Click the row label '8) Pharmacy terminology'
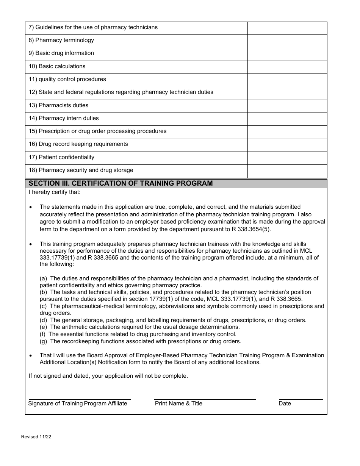pyautogui.click(x=61, y=40)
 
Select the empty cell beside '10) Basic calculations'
pyautogui.click(x=287, y=67)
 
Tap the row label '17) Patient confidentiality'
pyautogui.click(x=61, y=157)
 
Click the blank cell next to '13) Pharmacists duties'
pyautogui.click(x=287, y=106)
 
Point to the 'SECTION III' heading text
pyautogui.click(x=121, y=183)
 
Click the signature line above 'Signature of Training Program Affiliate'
pyautogui.click(x=80, y=399)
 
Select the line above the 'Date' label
pyautogui.click(x=301, y=399)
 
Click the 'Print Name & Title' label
pyautogui.click(x=178, y=403)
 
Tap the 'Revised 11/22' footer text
pyautogui.click(x=36, y=437)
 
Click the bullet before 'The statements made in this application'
pyautogui.click(x=31, y=207)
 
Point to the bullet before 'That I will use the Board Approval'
pyautogui.click(x=31, y=356)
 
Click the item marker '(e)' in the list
pyautogui.click(x=44, y=327)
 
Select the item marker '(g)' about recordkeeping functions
pyautogui.click(x=44, y=341)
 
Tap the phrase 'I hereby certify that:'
pyautogui.click(x=55, y=192)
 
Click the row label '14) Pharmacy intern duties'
pyautogui.click(x=64, y=118)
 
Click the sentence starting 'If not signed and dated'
pyautogui.click(x=108, y=376)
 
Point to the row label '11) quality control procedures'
pyautogui.click(x=67, y=79)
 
